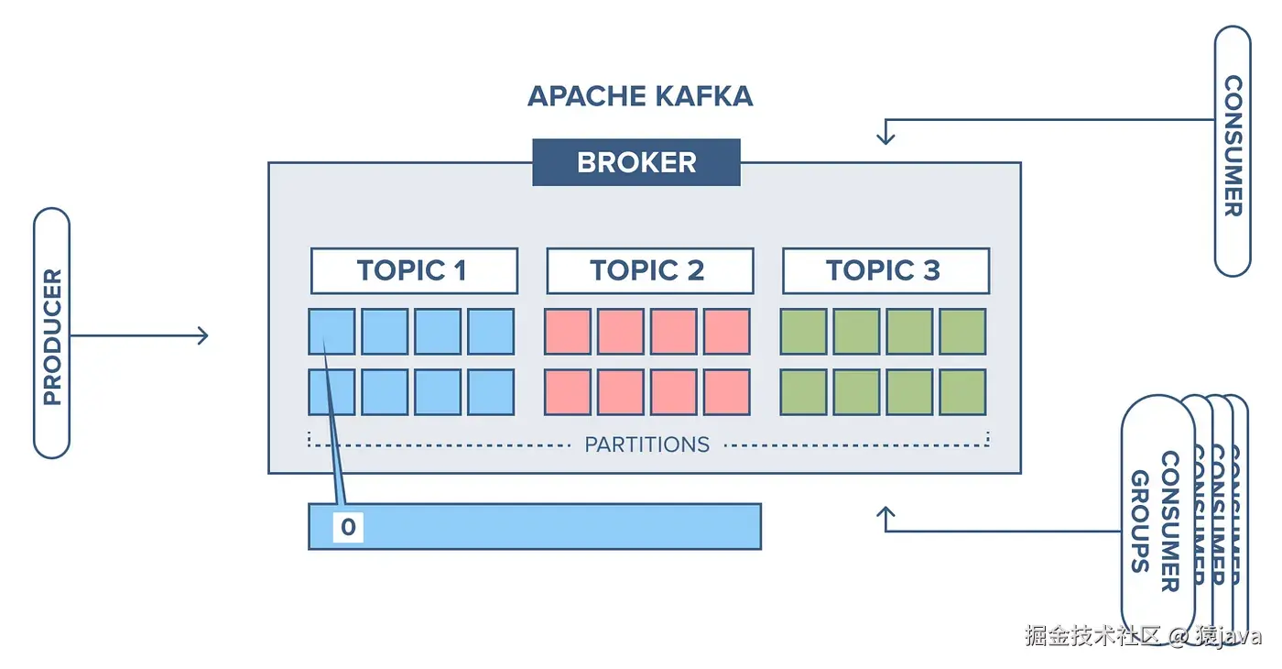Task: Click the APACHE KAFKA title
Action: click(640, 95)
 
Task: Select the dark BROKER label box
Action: click(636, 163)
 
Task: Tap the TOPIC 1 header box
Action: click(414, 270)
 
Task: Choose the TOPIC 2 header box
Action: click(649, 270)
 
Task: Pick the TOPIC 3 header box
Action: click(885, 270)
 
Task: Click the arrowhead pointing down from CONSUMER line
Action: click(885, 137)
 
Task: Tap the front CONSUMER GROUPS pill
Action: click(1157, 513)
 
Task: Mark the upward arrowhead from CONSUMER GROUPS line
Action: click(885, 513)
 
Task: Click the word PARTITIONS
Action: click(647, 444)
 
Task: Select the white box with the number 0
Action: click(348, 527)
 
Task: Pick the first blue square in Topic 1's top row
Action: click(331, 332)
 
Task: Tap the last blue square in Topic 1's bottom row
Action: click(491, 392)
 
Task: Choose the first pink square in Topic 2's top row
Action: click(568, 332)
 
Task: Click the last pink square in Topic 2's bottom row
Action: click(727, 392)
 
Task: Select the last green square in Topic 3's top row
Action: click(962, 332)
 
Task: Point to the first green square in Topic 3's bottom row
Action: click(803, 392)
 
